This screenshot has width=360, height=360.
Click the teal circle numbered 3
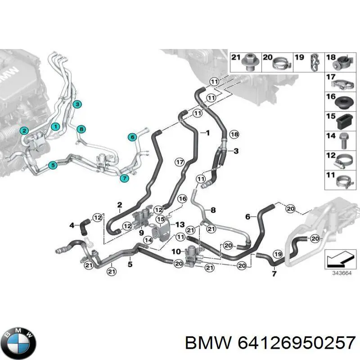point(77,104)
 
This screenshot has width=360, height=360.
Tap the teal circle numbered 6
point(132,137)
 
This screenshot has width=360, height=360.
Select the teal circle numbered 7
point(125,178)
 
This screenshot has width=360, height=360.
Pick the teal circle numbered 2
point(24,131)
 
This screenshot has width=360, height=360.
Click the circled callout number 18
point(234,134)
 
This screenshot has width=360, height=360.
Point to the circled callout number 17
point(180,162)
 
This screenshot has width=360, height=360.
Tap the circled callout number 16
point(182,198)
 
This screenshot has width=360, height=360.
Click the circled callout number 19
point(278,254)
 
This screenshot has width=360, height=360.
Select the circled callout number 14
point(148,240)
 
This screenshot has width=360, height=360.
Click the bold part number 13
point(180,224)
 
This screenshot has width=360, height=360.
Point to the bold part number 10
point(176,252)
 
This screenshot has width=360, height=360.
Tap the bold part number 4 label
point(72,225)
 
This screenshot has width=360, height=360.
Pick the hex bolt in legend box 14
point(343,141)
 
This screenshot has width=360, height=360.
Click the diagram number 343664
point(342,273)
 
